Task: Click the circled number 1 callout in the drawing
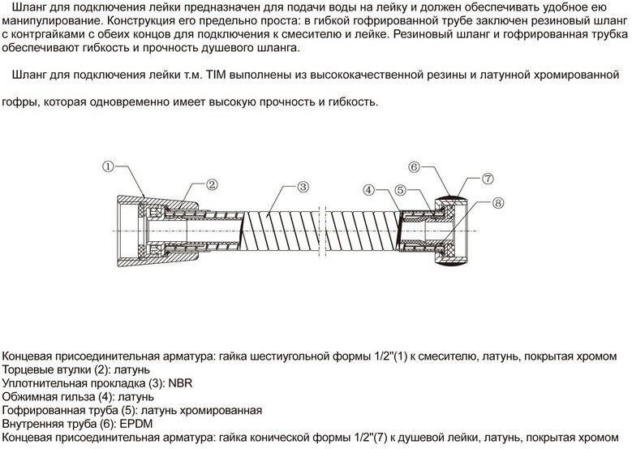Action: (107, 167)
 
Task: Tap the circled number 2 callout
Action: (210, 184)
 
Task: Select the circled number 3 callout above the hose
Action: (302, 187)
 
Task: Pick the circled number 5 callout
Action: (401, 190)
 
